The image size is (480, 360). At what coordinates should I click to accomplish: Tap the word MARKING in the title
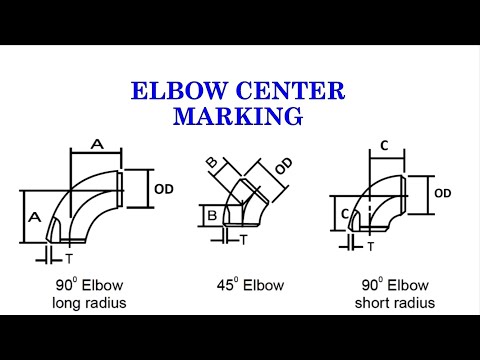point(238,116)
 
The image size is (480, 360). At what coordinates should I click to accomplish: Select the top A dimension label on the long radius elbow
point(97,144)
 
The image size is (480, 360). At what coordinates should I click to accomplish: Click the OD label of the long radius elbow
point(165,187)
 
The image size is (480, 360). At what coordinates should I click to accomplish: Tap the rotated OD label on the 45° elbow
point(284,167)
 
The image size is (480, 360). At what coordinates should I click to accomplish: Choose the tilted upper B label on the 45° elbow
point(212,163)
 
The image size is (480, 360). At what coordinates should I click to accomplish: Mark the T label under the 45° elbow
point(243,240)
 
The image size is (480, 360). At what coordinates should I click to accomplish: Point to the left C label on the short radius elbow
point(343,213)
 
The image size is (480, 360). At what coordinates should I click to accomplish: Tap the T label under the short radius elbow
point(370,245)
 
